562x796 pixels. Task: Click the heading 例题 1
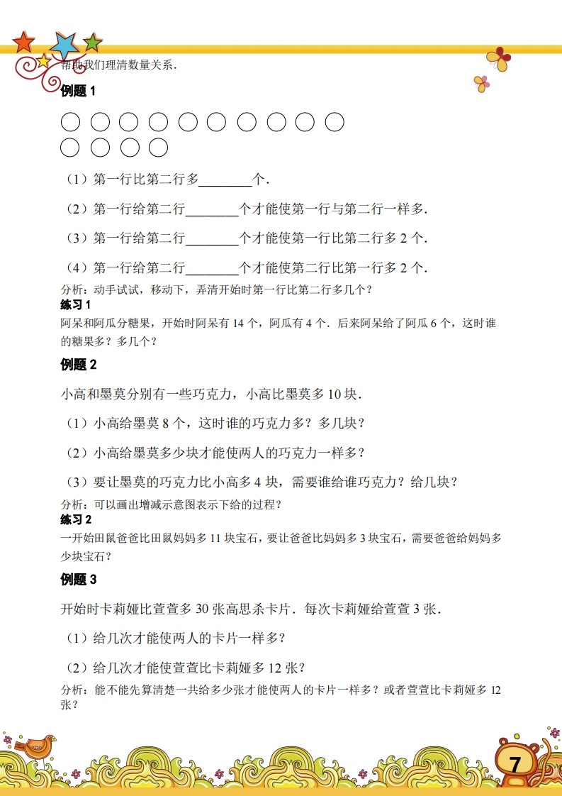pos(78,91)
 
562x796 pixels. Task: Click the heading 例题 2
pos(78,365)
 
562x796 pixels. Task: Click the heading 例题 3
pos(78,580)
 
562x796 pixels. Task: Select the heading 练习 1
pos(77,305)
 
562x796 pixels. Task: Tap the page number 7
pos(515,764)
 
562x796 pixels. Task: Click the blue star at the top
pos(65,45)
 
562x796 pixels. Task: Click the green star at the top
pos(92,43)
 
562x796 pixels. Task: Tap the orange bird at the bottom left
pos(37,746)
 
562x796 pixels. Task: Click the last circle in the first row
pos(335,122)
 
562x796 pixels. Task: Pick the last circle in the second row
pos(159,148)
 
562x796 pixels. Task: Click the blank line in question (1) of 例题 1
pos(225,180)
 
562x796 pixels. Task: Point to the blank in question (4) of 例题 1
pos(211,268)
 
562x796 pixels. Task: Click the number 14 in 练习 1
pos(237,324)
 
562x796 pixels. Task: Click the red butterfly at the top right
pos(499,59)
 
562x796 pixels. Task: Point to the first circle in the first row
pos(70,122)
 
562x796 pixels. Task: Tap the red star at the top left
pos(24,43)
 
